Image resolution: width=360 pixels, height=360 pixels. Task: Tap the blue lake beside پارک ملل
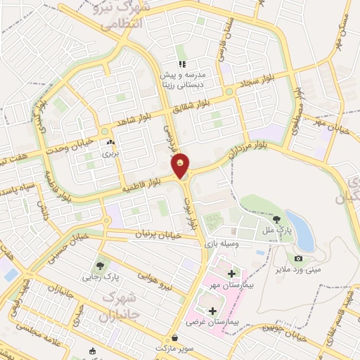pyautogui.click(x=301, y=224)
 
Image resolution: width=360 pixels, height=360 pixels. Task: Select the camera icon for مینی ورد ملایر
pyautogui.click(x=298, y=259)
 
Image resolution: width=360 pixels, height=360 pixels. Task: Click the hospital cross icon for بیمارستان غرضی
pyautogui.click(x=212, y=309)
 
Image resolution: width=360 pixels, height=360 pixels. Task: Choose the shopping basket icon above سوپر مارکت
pyautogui.click(x=174, y=338)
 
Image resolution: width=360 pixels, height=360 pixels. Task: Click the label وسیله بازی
pyautogui.click(x=222, y=245)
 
